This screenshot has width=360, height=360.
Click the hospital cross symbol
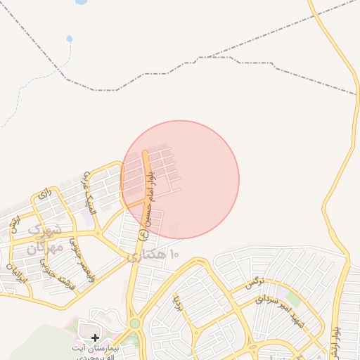95,338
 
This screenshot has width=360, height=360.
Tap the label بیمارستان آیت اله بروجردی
96,352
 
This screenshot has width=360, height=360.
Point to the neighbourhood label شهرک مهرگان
44,238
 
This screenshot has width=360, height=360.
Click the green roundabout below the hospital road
134,323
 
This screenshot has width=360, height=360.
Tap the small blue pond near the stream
69,38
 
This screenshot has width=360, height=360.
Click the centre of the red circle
181,179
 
